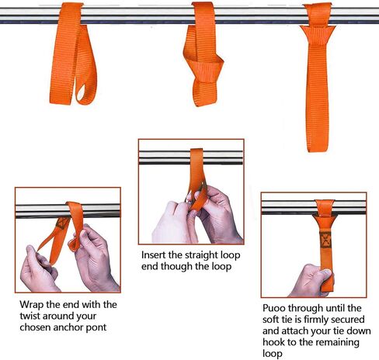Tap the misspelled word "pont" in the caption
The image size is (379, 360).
click(96, 327)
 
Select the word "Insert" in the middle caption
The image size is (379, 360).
click(154, 255)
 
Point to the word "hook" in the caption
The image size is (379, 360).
click(273, 342)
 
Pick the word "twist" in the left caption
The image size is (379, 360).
click(30, 316)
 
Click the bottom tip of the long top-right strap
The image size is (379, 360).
click(318, 151)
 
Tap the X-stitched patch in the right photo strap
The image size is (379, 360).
click(325, 240)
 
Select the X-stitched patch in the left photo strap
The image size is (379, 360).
click(62, 223)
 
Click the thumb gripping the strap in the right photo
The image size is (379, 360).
click(325, 272)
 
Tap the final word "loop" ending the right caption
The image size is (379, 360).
click(273, 354)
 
